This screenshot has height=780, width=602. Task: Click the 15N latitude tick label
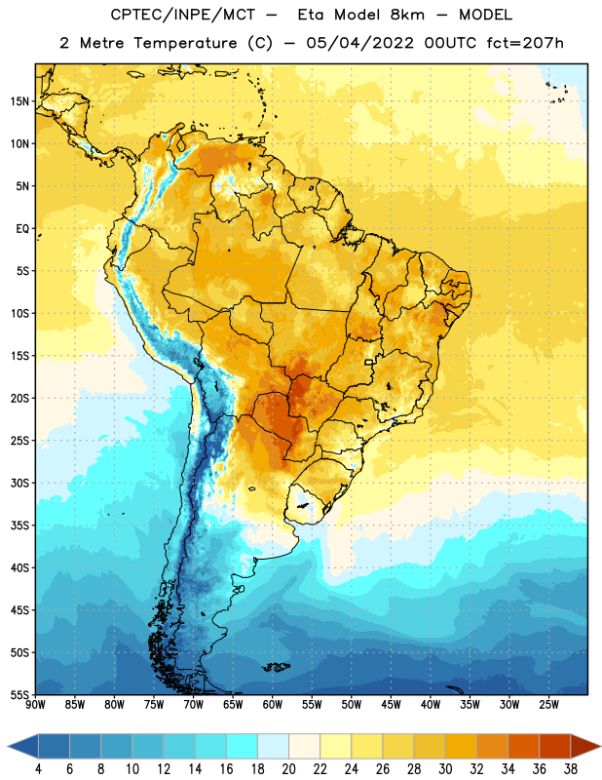coord(19,101)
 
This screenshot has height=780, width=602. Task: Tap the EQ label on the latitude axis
coord(22,229)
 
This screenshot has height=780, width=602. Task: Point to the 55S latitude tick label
coord(19,694)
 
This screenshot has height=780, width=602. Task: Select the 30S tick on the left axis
coord(19,483)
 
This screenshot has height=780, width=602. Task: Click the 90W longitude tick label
coord(35,704)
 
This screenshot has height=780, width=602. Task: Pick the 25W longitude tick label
coord(548,704)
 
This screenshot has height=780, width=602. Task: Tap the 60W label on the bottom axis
coord(273,704)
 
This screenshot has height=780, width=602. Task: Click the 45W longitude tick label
coord(391,704)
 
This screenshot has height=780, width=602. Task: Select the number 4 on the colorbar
coord(38,769)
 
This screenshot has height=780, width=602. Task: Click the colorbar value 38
coord(570,769)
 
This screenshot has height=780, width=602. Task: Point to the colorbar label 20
coord(288,769)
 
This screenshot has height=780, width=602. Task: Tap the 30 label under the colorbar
coord(445,769)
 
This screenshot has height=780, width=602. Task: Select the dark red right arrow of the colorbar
coord(584,746)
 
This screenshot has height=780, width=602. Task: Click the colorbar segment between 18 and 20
coord(273,746)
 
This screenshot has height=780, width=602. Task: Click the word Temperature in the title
coord(185,43)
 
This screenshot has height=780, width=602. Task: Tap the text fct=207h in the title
coord(525,43)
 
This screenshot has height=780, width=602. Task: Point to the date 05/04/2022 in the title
coord(359,43)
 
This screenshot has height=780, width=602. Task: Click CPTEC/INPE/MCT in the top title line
coord(182,15)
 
